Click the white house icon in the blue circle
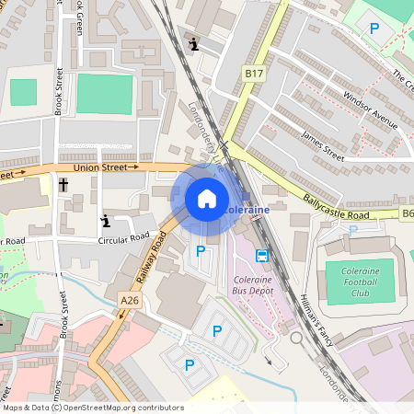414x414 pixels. point(206,198)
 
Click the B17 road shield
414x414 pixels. point(254,72)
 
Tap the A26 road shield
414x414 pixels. point(130,300)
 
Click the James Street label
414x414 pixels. point(323,147)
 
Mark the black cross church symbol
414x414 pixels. point(63,186)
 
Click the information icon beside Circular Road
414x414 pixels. point(106,220)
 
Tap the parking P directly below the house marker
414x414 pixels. point(201,251)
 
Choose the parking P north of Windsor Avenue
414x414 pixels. point(374,29)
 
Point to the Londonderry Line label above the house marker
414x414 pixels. point(206,138)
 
